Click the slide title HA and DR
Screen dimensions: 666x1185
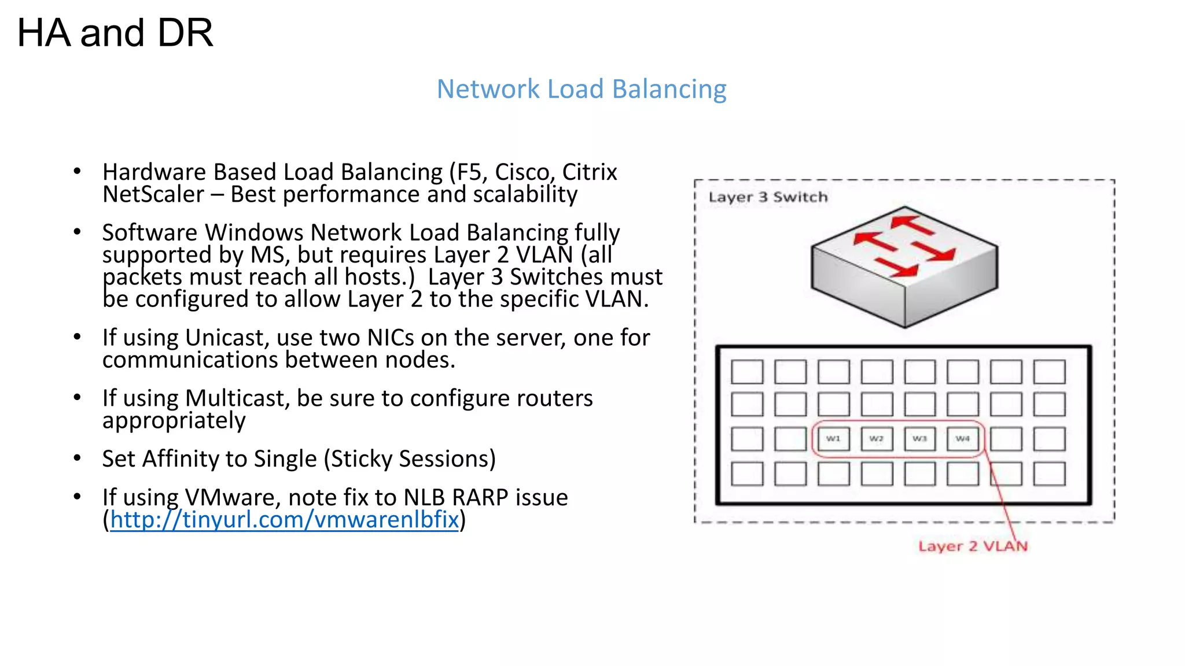[x=115, y=33]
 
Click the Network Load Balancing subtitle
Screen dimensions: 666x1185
[x=581, y=89]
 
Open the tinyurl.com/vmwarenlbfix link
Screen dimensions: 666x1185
[x=284, y=520]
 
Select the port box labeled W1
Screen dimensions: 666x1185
[x=833, y=439]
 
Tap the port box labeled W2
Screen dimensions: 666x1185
[x=877, y=439]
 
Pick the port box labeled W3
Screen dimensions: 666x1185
[x=919, y=439]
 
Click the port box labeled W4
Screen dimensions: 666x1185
[x=963, y=439]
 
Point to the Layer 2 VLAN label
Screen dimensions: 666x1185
[x=973, y=546]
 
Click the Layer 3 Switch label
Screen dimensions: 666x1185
[x=768, y=197]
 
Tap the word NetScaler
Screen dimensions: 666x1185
[x=153, y=194]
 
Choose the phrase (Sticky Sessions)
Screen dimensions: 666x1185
[x=410, y=459]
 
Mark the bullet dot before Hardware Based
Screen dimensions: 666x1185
[x=77, y=171]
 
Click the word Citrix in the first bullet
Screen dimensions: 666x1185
[x=589, y=172]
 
